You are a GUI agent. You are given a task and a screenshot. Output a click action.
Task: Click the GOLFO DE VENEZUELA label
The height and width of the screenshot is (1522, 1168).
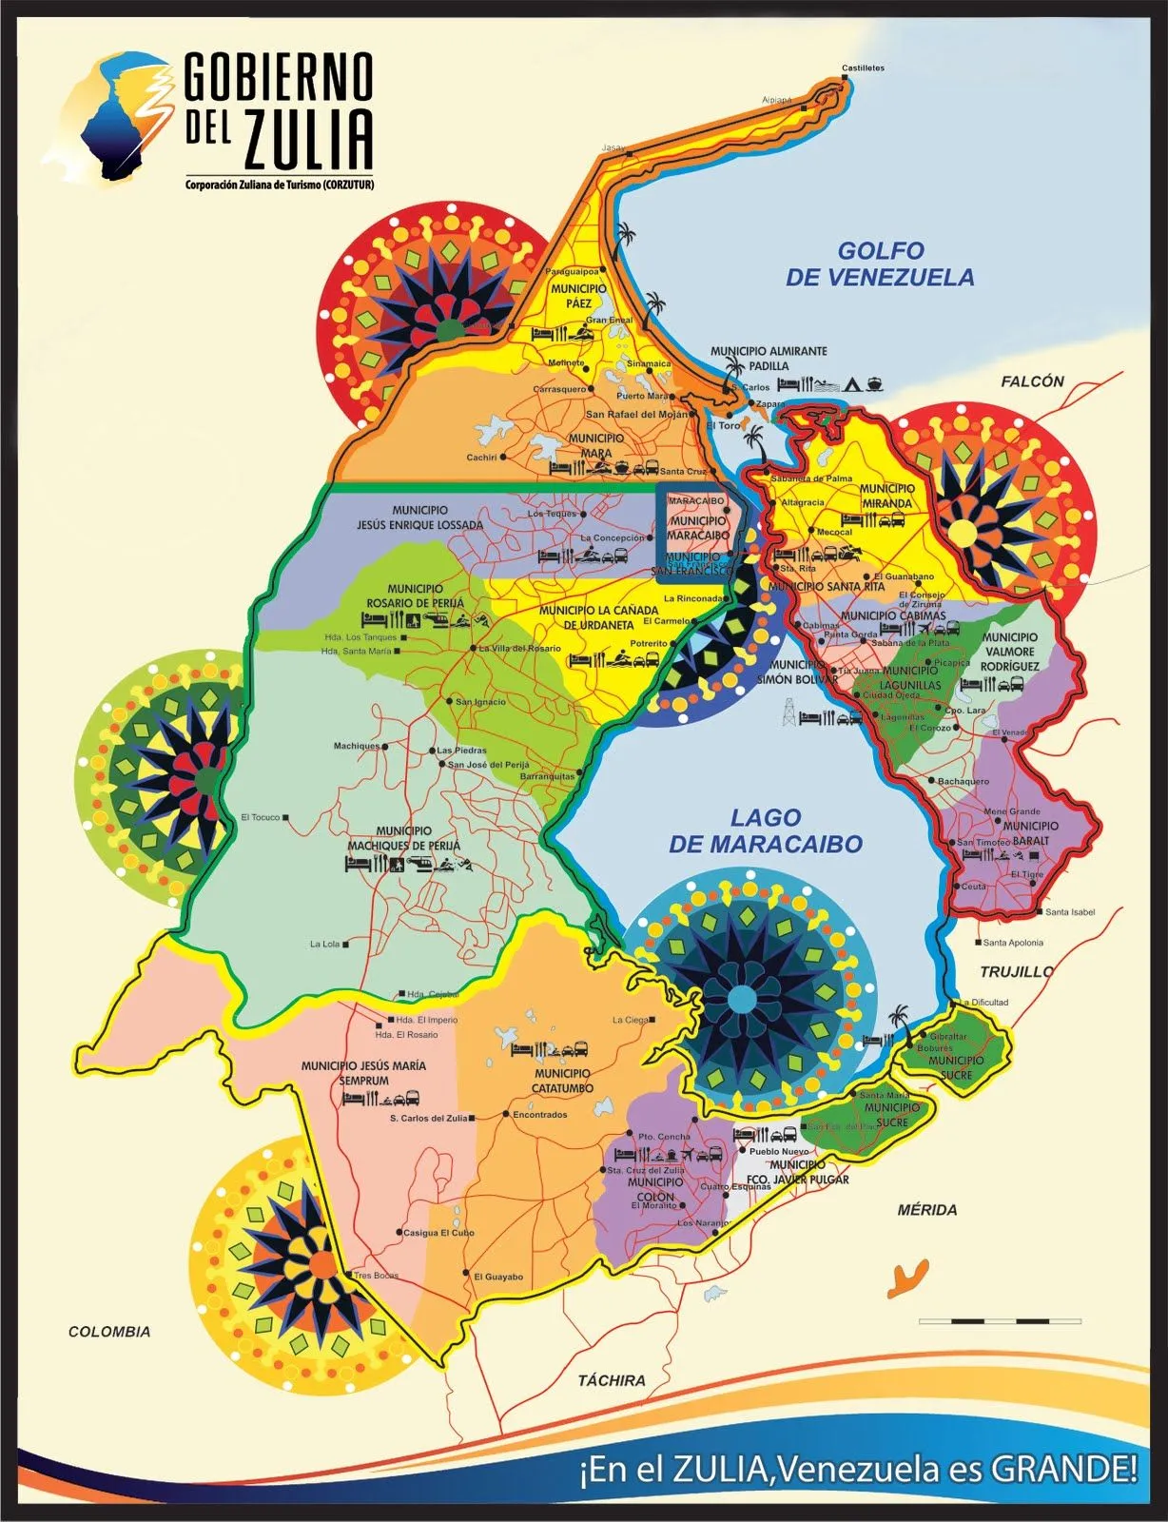pyautogui.click(x=880, y=263)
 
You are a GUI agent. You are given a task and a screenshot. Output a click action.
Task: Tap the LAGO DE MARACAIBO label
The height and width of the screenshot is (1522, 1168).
pyautogui.click(x=766, y=830)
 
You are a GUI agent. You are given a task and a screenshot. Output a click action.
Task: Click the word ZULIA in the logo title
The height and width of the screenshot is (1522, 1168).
pyautogui.click(x=307, y=141)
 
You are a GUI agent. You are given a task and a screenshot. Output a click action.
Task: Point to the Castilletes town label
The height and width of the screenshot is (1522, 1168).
pyautogui.click(x=863, y=68)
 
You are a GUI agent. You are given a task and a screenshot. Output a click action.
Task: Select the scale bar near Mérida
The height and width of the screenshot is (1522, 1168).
pyautogui.click(x=1000, y=1321)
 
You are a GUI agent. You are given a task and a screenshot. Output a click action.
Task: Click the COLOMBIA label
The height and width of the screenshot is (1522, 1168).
pyautogui.click(x=109, y=1332)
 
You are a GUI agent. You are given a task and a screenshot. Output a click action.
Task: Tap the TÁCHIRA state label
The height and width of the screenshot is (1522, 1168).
pyautogui.click(x=612, y=1380)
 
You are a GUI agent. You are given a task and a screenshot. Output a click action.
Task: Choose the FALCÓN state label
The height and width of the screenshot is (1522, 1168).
pyautogui.click(x=1032, y=381)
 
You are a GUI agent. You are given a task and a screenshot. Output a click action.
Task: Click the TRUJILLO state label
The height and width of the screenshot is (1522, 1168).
pyautogui.click(x=1017, y=971)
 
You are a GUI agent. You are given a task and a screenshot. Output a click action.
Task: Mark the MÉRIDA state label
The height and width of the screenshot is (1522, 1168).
pyautogui.click(x=927, y=1210)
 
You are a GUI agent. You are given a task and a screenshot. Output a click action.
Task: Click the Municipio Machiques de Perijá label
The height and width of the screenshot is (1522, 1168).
pyautogui.click(x=404, y=838)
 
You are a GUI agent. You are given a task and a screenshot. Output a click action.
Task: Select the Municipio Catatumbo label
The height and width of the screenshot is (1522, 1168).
pyautogui.click(x=563, y=1081)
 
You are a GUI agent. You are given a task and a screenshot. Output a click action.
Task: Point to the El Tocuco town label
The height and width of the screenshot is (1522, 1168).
pyautogui.click(x=261, y=817)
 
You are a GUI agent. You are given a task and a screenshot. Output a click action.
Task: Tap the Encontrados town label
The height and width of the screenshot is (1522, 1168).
pyautogui.click(x=539, y=1114)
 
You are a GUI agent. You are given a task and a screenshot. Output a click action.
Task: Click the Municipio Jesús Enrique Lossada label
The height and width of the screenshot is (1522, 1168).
pyautogui.click(x=419, y=517)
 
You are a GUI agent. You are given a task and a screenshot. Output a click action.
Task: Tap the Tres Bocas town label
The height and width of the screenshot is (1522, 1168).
pyautogui.click(x=376, y=1276)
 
